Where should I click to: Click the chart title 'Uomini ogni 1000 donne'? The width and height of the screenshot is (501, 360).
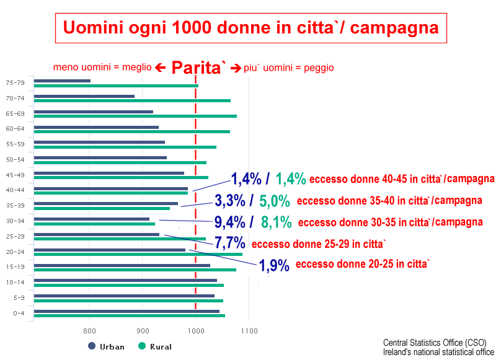coord(250,28)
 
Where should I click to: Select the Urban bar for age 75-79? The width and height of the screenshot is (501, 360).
coord(62,81)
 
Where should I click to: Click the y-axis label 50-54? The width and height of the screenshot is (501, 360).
coord(15,160)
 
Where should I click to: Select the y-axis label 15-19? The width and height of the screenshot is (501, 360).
coord(15,267)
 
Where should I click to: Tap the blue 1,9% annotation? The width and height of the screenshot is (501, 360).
coord(274,265)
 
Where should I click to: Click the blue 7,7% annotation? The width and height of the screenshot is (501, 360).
coord(229,243)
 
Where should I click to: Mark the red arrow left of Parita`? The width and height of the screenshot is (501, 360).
coord(160,68)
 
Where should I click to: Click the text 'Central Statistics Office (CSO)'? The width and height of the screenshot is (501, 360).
coord(435,343)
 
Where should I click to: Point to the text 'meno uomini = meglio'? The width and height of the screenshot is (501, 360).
coord(102,68)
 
